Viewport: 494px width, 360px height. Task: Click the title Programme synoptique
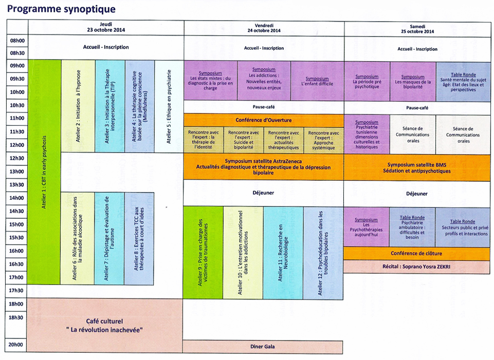[x=62, y=10]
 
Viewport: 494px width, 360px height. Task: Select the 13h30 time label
[x=18, y=185]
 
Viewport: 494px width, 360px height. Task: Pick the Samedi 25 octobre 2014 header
[x=417, y=28]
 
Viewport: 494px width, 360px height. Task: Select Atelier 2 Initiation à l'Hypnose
[x=78, y=106]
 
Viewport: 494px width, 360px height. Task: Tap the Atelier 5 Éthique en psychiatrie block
[x=169, y=106]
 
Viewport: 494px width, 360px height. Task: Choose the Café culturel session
[x=106, y=326]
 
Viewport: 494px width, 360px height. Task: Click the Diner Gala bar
[x=263, y=347]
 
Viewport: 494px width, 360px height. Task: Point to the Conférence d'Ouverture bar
[x=263, y=120]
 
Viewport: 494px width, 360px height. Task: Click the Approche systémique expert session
[x=323, y=140]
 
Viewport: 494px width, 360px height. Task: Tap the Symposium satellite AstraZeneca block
[x=263, y=167]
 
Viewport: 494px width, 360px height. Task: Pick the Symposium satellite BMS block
[x=417, y=167]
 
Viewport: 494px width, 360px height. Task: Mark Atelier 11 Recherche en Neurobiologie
[x=283, y=253]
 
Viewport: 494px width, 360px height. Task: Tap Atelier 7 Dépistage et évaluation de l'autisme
[x=109, y=238]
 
